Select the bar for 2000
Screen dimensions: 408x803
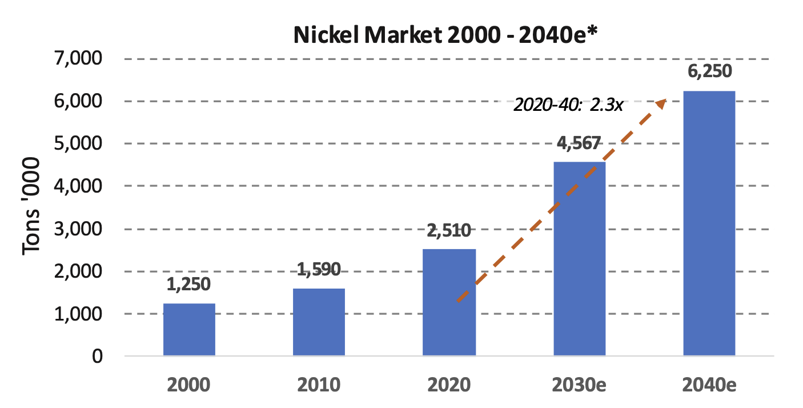[x=189, y=330]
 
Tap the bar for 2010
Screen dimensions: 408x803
[x=319, y=322]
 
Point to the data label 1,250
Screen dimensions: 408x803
[x=189, y=283]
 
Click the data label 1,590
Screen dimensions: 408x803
[x=319, y=269]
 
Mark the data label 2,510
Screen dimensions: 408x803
[x=449, y=230]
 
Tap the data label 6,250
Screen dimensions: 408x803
[x=709, y=72]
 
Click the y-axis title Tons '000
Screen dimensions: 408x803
[x=33, y=207]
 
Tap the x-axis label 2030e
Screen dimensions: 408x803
[x=579, y=385]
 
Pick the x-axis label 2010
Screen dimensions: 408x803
[x=319, y=385]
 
